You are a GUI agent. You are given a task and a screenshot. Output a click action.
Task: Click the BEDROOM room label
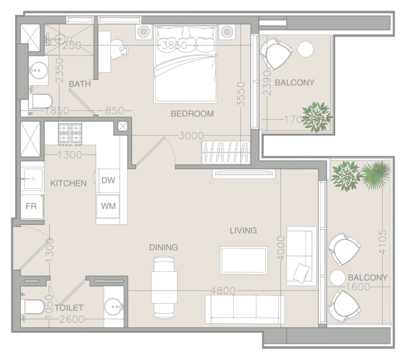(x=192, y=113)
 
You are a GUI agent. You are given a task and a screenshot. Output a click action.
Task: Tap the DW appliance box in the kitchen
(x=108, y=180)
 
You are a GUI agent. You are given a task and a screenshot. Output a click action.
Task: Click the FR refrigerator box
(x=31, y=206)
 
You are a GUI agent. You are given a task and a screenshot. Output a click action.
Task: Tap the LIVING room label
(x=243, y=230)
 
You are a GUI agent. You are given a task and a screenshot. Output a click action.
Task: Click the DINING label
(x=163, y=247)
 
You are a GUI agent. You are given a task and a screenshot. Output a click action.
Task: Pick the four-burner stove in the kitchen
(x=70, y=133)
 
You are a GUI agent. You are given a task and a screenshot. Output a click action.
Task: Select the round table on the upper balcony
(x=306, y=48)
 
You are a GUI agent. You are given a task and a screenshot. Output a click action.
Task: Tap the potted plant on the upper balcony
(x=317, y=115)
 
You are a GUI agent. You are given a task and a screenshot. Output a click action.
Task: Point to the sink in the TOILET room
(x=112, y=307)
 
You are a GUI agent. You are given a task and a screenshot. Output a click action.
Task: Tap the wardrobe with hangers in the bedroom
(x=226, y=152)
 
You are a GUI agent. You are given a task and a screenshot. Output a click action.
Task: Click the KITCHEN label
(x=68, y=183)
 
